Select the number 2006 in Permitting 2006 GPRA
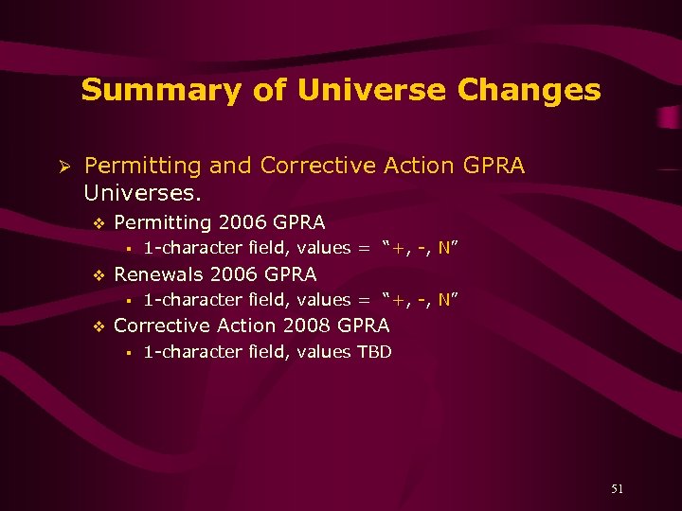pyautogui.click(x=242, y=223)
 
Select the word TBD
pyautogui.click(x=374, y=352)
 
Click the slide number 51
pyautogui.click(x=617, y=489)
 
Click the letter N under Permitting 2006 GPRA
pyautogui.click(x=444, y=249)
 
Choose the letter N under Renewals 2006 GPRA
pyautogui.click(x=444, y=300)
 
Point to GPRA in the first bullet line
pyautogui.click(x=494, y=167)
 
